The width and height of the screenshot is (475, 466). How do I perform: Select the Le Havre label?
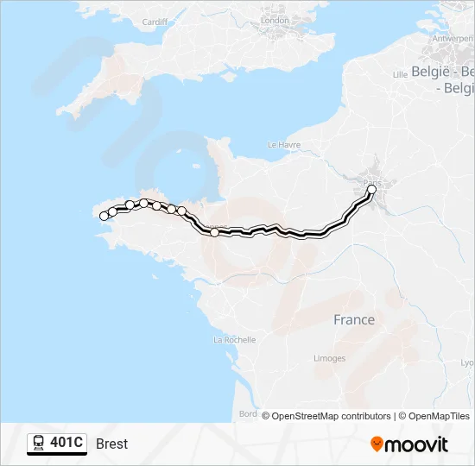pos(283,144)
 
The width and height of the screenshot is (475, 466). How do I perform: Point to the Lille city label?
pos(400,75)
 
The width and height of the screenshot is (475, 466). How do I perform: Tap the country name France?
pos(354,319)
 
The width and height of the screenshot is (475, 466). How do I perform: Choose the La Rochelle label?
pos(234,340)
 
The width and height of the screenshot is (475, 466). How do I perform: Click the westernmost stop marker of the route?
pos(104,217)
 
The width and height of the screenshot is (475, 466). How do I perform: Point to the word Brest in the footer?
pos(112,444)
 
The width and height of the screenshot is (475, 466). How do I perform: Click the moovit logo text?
pos(417,444)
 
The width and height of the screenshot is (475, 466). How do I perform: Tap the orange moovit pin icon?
pos(377,444)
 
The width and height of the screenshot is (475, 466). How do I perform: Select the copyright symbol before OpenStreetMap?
pos(266,416)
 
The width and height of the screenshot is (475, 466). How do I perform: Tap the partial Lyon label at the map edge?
pos(467,363)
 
